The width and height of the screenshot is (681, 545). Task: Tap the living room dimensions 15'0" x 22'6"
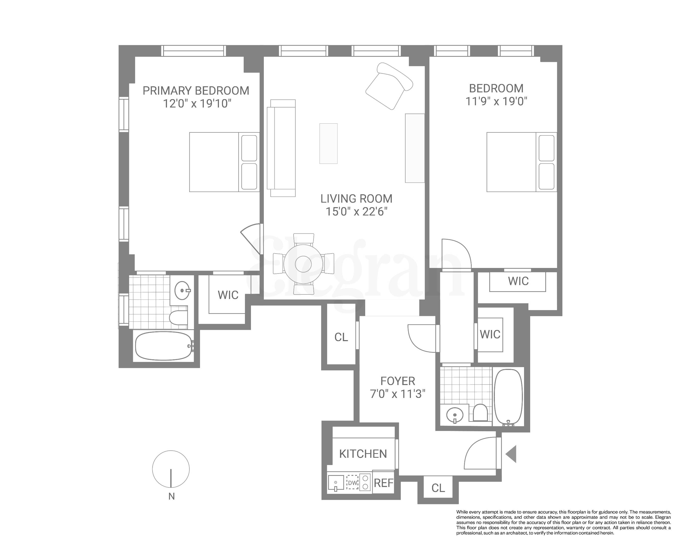click(x=356, y=211)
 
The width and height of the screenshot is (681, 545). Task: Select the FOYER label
click(x=397, y=381)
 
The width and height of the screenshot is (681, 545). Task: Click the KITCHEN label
click(x=363, y=454)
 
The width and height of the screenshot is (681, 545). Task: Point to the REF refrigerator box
click(x=383, y=483)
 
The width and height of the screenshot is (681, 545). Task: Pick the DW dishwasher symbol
click(x=353, y=483)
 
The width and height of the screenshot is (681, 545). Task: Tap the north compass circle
click(x=171, y=469)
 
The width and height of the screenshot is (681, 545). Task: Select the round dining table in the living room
click(x=303, y=264)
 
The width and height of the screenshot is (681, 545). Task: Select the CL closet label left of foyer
click(x=341, y=337)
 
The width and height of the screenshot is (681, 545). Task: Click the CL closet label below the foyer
click(x=438, y=488)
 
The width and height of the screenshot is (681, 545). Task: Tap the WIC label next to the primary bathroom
click(x=228, y=295)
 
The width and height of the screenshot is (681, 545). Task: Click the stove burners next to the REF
click(x=365, y=483)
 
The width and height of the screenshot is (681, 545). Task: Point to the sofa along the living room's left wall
click(x=281, y=148)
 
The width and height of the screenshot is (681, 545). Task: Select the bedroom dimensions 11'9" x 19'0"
click(x=496, y=101)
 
